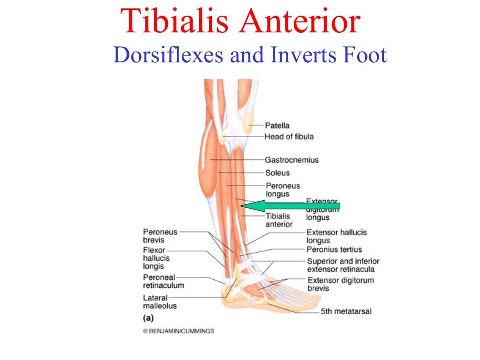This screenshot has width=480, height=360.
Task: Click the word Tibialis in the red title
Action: [176, 21]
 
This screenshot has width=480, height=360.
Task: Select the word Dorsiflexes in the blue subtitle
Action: [168, 56]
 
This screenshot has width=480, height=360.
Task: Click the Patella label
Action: [277, 125]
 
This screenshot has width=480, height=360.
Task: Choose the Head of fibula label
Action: [289, 137]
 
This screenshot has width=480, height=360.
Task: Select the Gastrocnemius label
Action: [292, 160]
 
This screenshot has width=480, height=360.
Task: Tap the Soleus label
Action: [277, 173]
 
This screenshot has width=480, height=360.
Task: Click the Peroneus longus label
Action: [283, 190]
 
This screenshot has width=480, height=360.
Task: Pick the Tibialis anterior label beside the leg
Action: [278, 220]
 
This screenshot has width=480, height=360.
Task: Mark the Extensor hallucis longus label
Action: [336, 236]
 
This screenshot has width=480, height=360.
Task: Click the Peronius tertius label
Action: [334, 249]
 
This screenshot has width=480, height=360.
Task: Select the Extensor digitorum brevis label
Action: [340, 284]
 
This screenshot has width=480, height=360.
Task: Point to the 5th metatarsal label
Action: [346, 311]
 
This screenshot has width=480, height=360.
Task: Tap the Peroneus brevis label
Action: [160, 236]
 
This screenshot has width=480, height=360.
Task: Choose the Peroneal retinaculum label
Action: [163, 281]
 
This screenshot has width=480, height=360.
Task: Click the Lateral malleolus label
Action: [160, 301]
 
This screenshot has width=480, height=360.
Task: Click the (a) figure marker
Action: [148, 318]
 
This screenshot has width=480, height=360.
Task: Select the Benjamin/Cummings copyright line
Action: [179, 331]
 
